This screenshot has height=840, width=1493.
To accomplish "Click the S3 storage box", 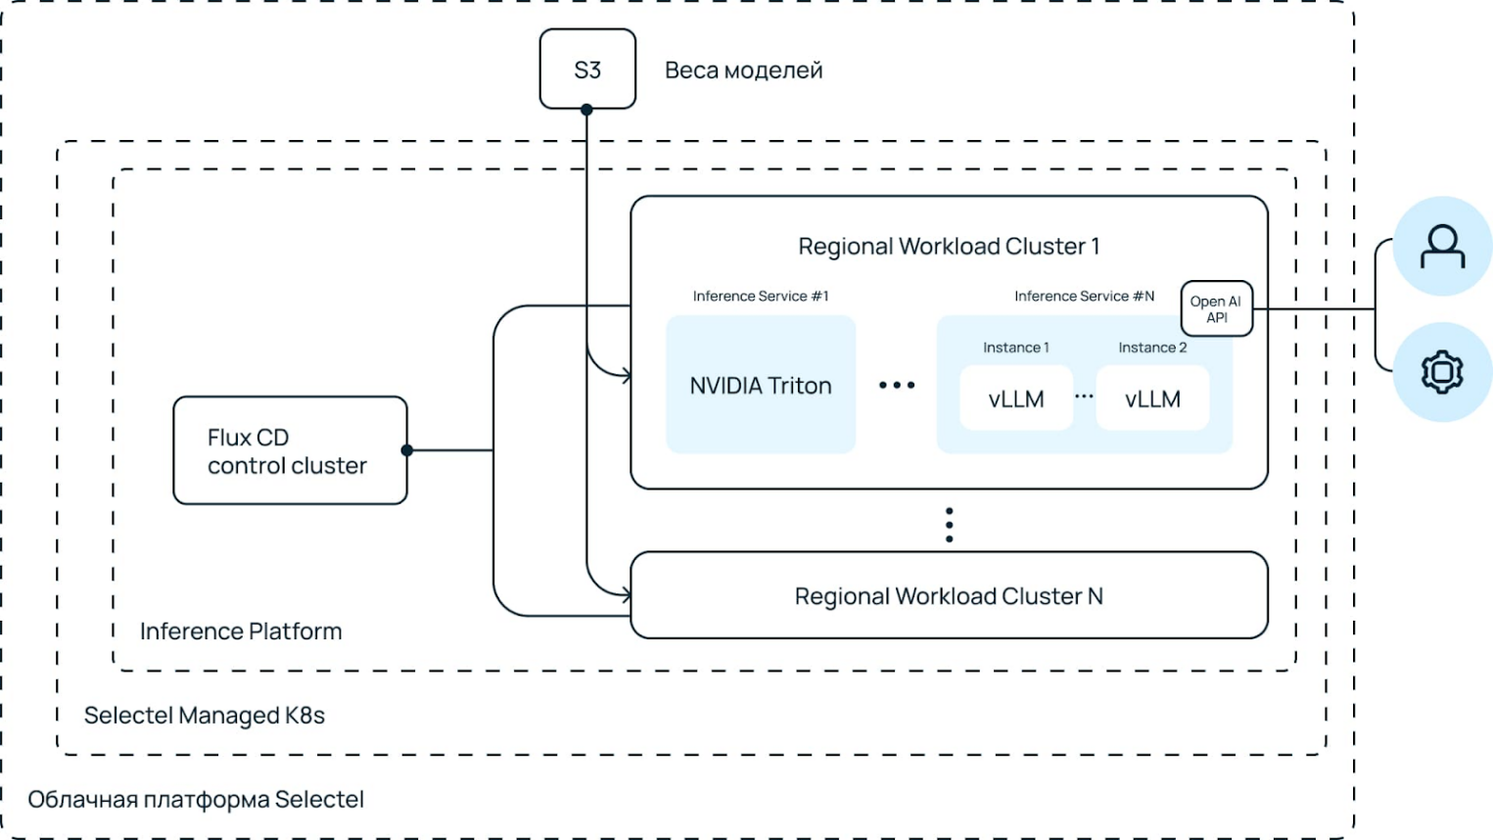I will pyautogui.click(x=587, y=70).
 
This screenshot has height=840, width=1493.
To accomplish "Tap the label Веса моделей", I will pyautogui.click(x=743, y=70).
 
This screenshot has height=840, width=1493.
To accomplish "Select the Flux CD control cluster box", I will pyautogui.click(x=290, y=450).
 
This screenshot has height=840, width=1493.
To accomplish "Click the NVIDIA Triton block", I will pyautogui.click(x=761, y=386).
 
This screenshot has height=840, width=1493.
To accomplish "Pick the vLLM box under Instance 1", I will pyautogui.click(x=1016, y=398).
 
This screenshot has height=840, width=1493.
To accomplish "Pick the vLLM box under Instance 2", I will pyautogui.click(x=1152, y=398).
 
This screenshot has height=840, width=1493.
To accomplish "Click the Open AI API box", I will pyautogui.click(x=1216, y=309).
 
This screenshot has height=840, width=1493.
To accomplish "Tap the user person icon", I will pyautogui.click(x=1442, y=247).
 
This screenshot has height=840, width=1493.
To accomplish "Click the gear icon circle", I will pyautogui.click(x=1442, y=372).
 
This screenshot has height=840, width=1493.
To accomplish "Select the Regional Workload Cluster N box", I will pyautogui.click(x=949, y=596).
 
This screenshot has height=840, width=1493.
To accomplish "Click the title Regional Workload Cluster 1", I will pyautogui.click(x=949, y=247).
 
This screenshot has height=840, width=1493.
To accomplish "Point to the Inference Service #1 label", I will pyautogui.click(x=761, y=296).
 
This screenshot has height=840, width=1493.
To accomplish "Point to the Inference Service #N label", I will pyautogui.click(x=1084, y=296).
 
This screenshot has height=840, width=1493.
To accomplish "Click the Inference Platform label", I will pyautogui.click(x=241, y=631).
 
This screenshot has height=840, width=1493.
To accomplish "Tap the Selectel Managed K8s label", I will pyautogui.click(x=205, y=716).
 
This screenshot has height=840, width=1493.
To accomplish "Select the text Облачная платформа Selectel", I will pyautogui.click(x=196, y=800).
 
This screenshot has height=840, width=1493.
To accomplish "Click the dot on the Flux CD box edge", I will pyautogui.click(x=407, y=450).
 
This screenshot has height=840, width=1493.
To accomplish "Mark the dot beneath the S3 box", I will pyautogui.click(x=586, y=110).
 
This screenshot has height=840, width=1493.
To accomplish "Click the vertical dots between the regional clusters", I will pyautogui.click(x=949, y=525).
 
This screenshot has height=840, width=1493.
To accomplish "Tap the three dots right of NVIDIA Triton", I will pyautogui.click(x=897, y=386).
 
